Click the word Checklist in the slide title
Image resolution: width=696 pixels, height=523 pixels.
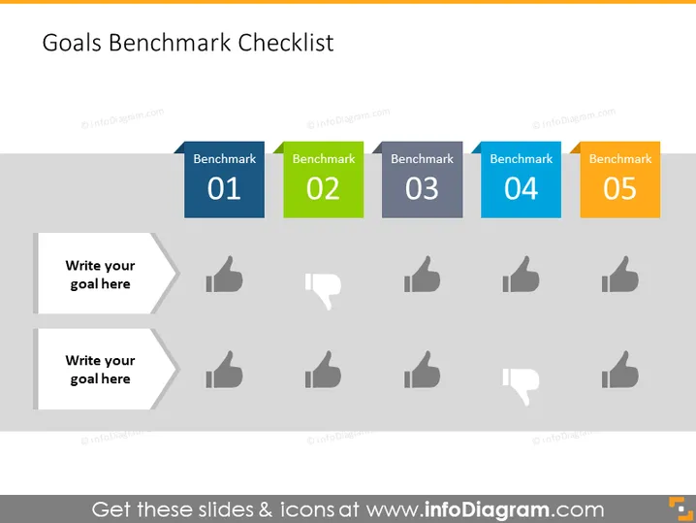coord(286,43)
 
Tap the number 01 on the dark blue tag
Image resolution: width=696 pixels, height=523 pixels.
coord(224,188)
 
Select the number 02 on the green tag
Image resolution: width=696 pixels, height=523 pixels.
coord(323,188)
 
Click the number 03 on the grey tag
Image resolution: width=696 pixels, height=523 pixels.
coord(422,188)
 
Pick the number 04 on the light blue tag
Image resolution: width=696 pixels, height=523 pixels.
coord(522,188)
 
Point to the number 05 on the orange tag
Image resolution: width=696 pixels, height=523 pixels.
coord(620,188)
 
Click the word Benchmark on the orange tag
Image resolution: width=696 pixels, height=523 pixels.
coord(620,158)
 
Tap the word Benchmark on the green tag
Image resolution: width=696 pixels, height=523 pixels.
coord(324,158)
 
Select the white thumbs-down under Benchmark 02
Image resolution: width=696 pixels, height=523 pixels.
coord(323,290)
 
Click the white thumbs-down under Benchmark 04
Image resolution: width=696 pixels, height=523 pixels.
coord(521,385)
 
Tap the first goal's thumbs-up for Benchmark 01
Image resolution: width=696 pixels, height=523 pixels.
coord(225,275)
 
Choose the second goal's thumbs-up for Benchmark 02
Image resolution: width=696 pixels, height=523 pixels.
coord(323,370)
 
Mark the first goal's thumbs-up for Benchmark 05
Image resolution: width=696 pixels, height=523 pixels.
coord(620,275)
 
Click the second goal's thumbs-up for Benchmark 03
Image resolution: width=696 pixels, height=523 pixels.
coord(422,370)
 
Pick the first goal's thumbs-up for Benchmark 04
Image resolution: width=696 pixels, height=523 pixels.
coord(522,275)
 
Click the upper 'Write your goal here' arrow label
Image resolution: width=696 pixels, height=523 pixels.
coord(105,274)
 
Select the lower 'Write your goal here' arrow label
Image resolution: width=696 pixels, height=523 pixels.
coord(105,369)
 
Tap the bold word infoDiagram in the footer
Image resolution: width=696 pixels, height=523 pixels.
coord(487,509)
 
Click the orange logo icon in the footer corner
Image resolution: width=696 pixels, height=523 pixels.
coord(680,508)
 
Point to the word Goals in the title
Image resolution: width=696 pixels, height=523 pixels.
coord(72,43)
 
